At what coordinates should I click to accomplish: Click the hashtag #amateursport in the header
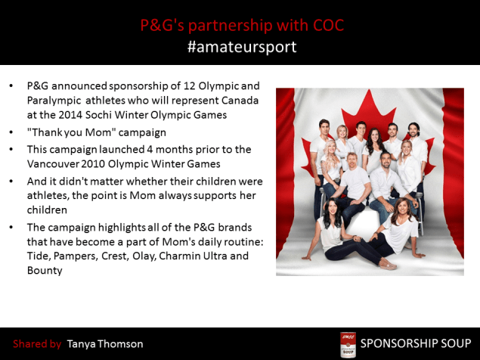click(x=241, y=47)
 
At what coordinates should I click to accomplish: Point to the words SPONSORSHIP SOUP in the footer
click(x=414, y=344)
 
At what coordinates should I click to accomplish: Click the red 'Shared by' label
click(x=37, y=344)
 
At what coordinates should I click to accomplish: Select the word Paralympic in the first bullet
click(x=54, y=100)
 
